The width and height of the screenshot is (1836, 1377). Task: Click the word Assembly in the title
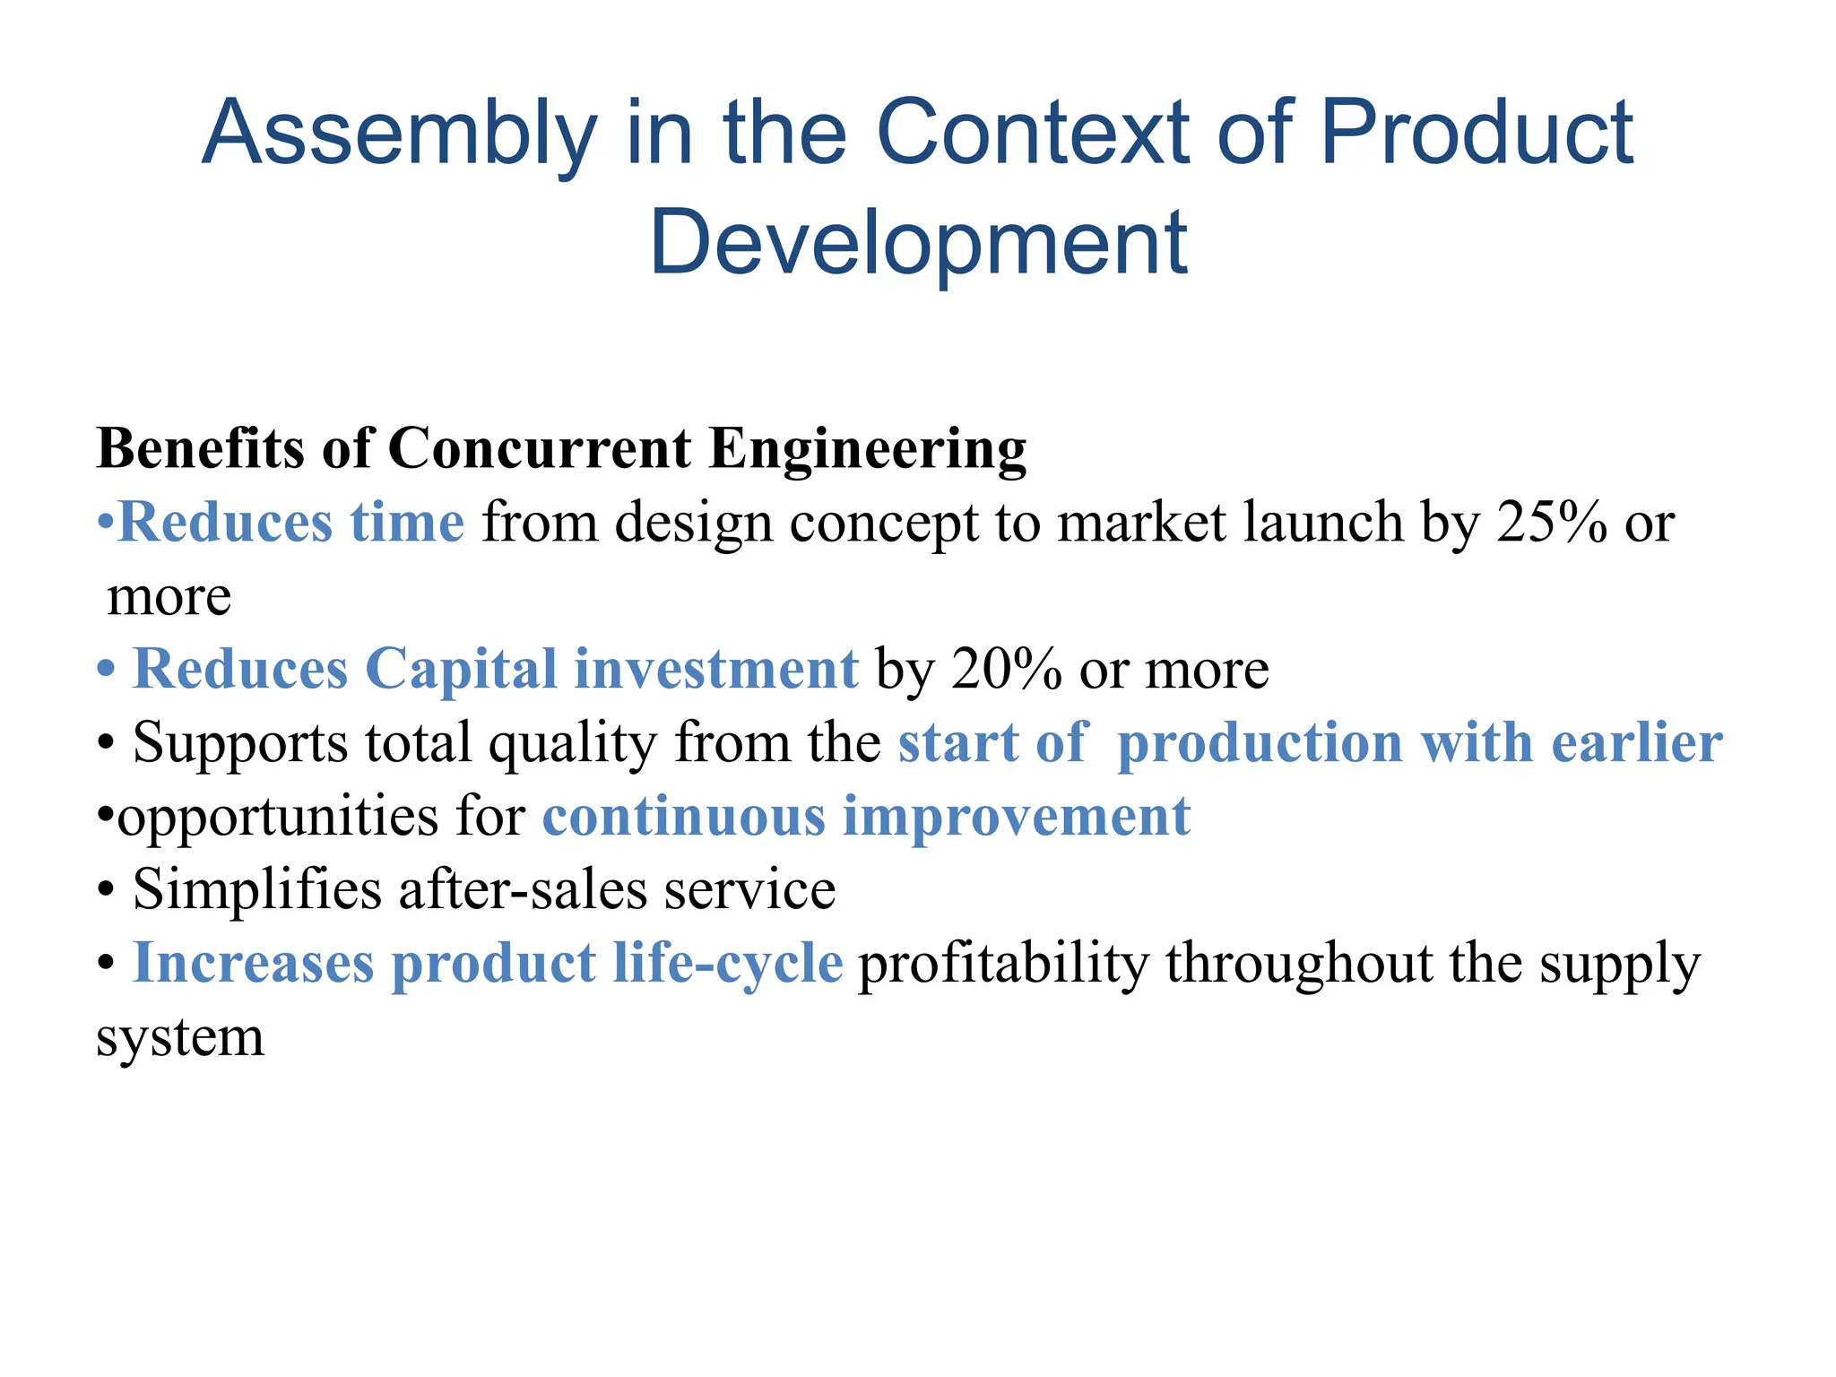pos(399,134)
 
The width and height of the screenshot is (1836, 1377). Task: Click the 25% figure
pos(1551,522)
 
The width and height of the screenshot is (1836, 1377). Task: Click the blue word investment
pos(715,669)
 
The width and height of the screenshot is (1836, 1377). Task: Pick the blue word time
pos(407,522)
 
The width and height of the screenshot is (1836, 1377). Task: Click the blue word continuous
pos(683,816)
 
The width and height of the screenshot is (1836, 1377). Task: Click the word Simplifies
pos(256,889)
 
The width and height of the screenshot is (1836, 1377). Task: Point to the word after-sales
pos(523,889)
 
